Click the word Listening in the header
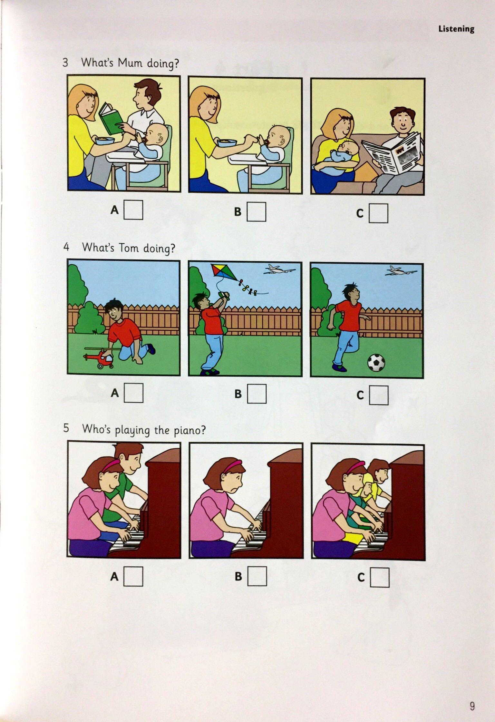pos(456,29)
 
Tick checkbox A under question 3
pos(133,210)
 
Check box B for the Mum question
pos(257,212)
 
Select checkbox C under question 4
pos(379,395)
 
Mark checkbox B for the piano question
pos(257,576)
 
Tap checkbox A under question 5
pos(133,576)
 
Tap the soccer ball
pos(376,363)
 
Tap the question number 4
pos(66,247)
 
